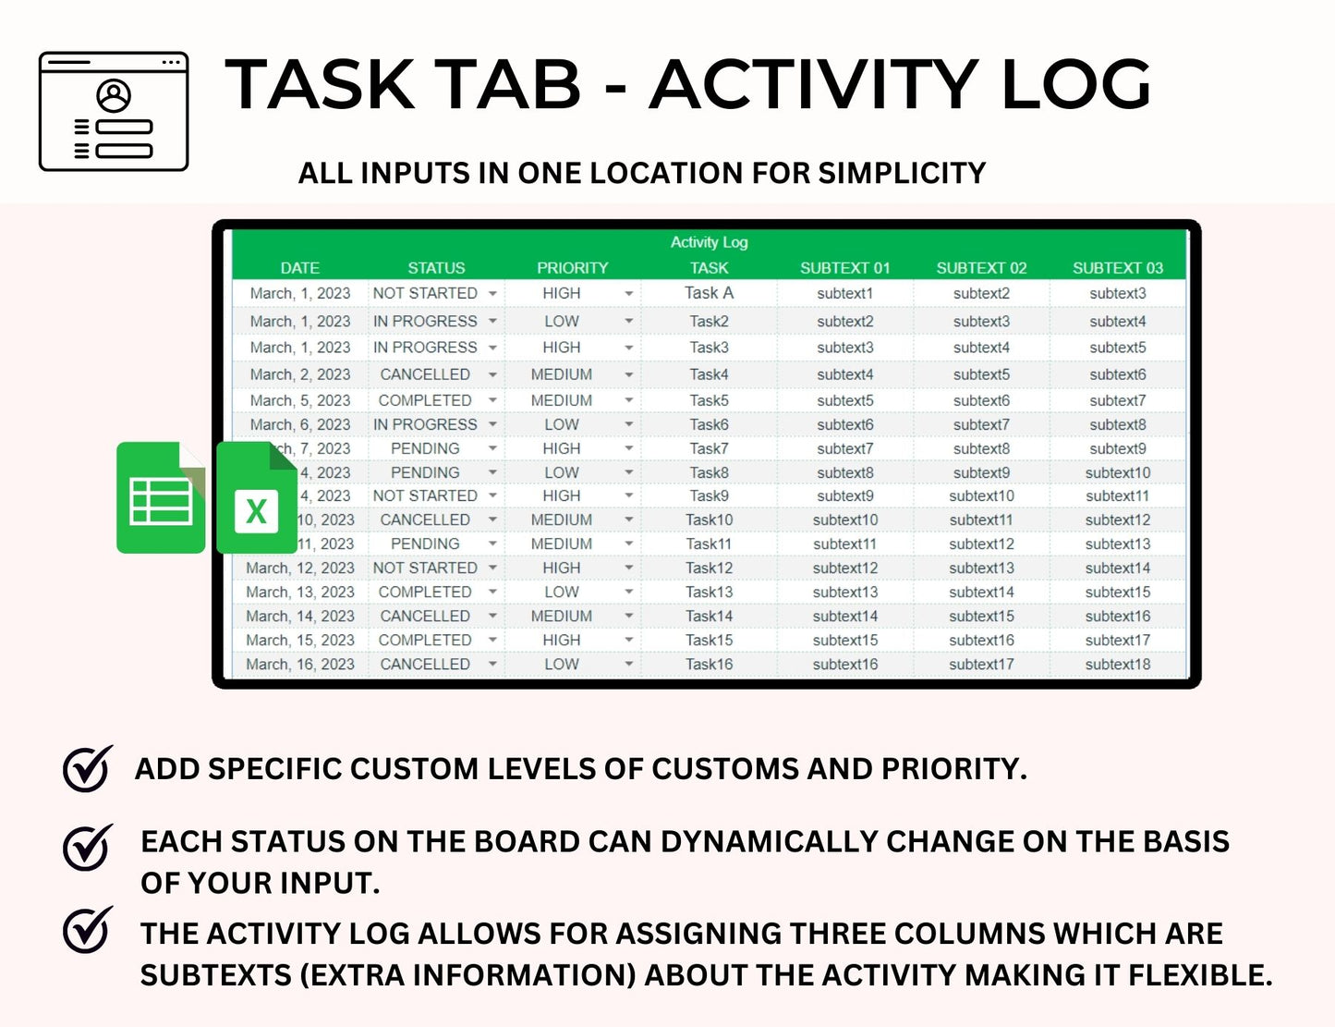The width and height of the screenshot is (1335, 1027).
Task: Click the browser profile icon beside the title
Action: [114, 112]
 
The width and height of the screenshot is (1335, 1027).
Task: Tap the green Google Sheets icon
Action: [161, 498]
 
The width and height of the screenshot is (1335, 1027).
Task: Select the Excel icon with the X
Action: [256, 499]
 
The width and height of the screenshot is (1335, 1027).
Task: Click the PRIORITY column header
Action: [572, 268]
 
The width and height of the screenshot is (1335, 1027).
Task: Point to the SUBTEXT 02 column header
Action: [981, 268]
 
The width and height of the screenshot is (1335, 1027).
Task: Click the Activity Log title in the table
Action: [709, 242]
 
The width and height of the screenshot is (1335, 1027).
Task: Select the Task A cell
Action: [709, 293]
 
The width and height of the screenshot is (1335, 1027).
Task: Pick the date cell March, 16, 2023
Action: [300, 664]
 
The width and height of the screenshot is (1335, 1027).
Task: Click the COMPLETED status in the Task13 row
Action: [425, 592]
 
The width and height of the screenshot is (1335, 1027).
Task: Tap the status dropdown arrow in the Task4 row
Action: [492, 375]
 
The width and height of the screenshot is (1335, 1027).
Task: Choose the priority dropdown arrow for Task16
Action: [628, 665]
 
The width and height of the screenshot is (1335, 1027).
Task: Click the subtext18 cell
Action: [1118, 664]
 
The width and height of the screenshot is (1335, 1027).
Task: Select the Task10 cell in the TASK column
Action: [709, 520]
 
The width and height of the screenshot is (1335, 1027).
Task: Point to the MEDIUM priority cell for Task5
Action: [562, 400]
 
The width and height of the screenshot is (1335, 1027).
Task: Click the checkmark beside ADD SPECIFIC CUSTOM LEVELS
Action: [88, 768]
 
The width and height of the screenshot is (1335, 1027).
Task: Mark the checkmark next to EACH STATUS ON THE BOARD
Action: [88, 847]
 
